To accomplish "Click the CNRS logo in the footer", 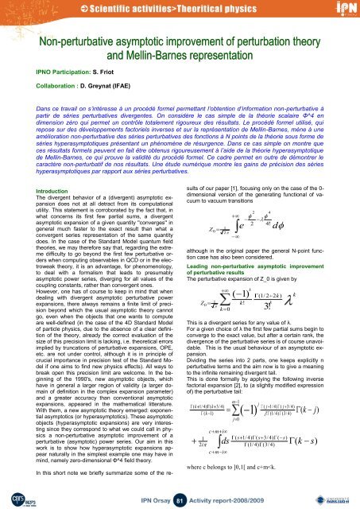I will pos(15,496).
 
